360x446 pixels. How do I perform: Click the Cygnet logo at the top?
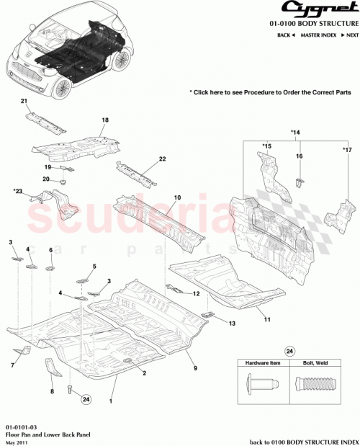pyautogui.click(x=318, y=9)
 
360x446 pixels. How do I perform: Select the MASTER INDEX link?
pyautogui.click(x=320, y=35)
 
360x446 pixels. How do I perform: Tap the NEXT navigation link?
pyautogui.click(x=349, y=35)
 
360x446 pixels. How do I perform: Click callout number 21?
pyautogui.click(x=23, y=101)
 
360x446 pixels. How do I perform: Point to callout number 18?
pyautogui.click(x=104, y=120)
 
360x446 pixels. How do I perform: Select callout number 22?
pyautogui.click(x=162, y=159)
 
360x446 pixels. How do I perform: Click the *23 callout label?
pyautogui.click(x=17, y=192)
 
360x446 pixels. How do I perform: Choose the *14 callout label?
pyautogui.click(x=295, y=133)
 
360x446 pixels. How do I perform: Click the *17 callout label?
pyautogui.click(x=346, y=149)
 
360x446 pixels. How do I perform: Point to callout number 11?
pyautogui.click(x=266, y=318)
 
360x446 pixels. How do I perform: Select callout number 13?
pyautogui.click(x=233, y=324)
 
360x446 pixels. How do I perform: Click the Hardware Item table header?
pyautogui.click(x=264, y=363)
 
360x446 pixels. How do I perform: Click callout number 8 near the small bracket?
pyautogui.click(x=52, y=391)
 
